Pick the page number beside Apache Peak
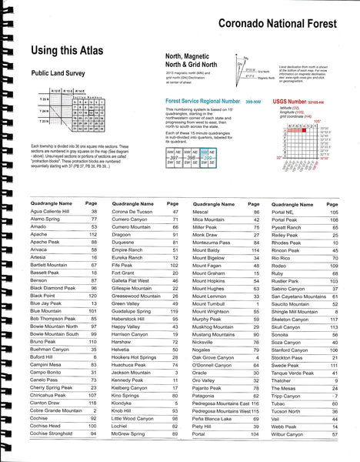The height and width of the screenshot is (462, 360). pyautogui.click(x=94, y=241)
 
